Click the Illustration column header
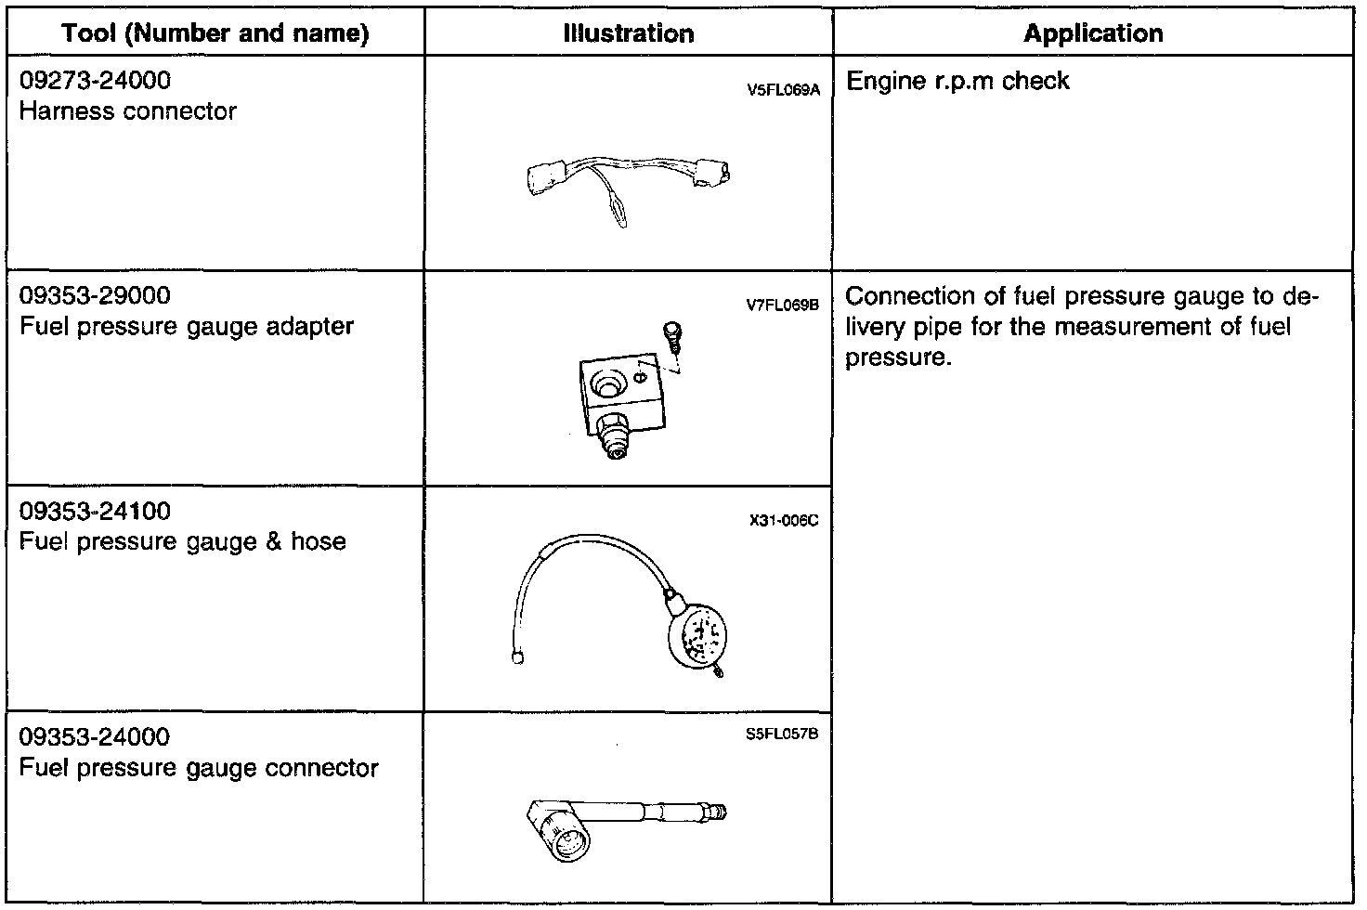click(x=629, y=34)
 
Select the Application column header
click(x=1093, y=34)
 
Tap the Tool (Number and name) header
click(x=215, y=34)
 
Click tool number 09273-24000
click(x=96, y=81)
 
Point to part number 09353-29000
click(x=96, y=296)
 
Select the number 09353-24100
click(x=96, y=512)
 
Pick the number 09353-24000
click(x=96, y=737)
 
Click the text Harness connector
click(x=128, y=111)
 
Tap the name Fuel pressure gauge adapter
click(x=187, y=327)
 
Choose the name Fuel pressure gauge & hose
click(x=183, y=542)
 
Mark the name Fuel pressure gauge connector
click(x=199, y=769)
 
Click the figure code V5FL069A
click(x=783, y=92)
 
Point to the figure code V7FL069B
click(x=782, y=304)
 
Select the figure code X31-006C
click(x=784, y=521)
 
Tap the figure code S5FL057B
click(x=782, y=734)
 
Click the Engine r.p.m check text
click(x=958, y=82)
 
